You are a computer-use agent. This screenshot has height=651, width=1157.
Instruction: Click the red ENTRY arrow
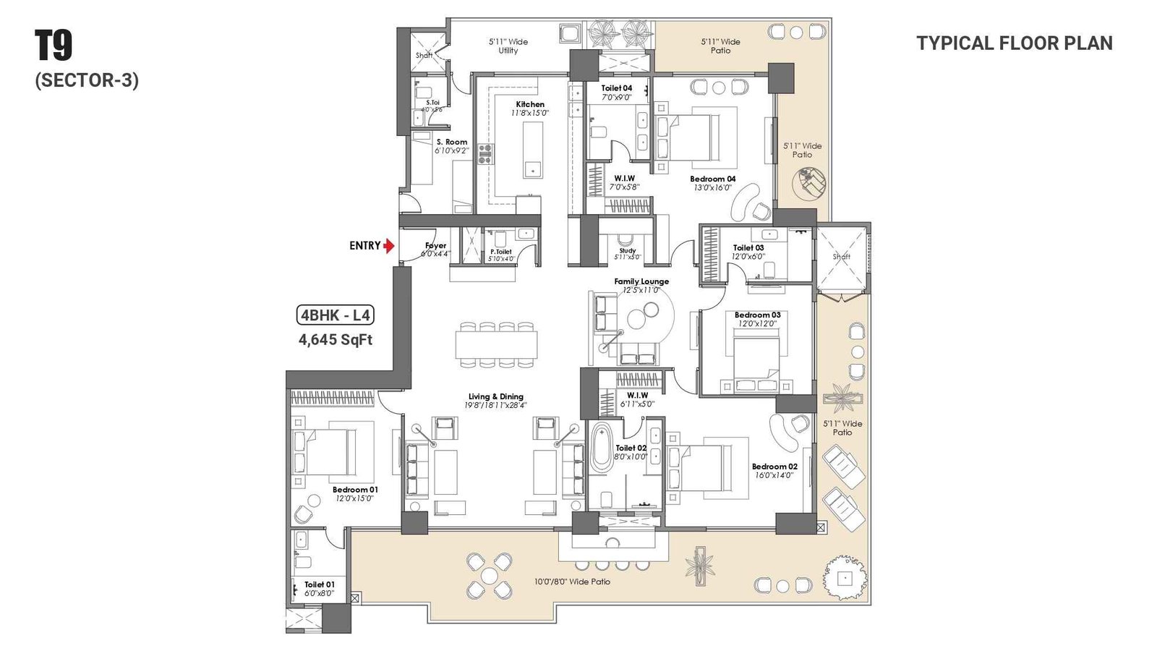[x=389, y=246]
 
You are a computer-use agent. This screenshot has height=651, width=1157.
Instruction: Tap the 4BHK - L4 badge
[x=336, y=315]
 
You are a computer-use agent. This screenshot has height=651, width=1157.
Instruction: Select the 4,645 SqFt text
[x=336, y=339]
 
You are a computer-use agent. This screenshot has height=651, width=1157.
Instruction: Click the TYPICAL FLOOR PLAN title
[x=1014, y=43]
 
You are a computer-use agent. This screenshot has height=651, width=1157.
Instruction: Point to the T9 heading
[x=54, y=46]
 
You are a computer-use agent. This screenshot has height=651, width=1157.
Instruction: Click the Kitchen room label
[x=530, y=104]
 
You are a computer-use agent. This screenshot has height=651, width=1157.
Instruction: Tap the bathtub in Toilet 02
[x=601, y=448]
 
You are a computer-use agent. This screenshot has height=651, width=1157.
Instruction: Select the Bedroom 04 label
[x=712, y=179]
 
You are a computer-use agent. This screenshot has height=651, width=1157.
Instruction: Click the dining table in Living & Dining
[x=496, y=344]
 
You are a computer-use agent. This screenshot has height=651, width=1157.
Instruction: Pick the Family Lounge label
[x=641, y=281]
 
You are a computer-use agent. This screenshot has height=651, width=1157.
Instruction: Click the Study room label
[x=627, y=250]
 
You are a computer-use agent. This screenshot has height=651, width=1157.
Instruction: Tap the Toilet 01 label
[x=319, y=584]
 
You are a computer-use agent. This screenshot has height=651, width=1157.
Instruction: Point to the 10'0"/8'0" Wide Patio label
[x=572, y=582]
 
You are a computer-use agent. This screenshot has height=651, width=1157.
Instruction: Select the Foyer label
[x=435, y=246]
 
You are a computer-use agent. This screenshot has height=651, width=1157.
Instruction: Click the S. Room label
[x=452, y=142]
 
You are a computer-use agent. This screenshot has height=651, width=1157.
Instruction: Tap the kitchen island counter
[x=533, y=149]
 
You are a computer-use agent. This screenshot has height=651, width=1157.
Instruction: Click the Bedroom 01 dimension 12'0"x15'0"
[x=354, y=498]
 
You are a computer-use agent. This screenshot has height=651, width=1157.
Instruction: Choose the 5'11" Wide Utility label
[x=508, y=46]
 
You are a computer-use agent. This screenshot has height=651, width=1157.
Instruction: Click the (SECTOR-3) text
[x=87, y=80]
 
